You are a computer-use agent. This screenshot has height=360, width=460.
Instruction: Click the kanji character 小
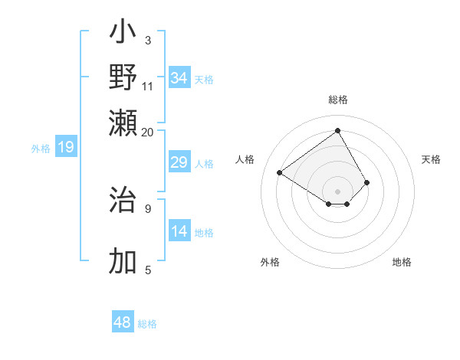point(123,34)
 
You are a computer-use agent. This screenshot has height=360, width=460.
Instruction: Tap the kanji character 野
point(123,77)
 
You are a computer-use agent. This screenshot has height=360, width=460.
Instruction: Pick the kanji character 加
point(123,261)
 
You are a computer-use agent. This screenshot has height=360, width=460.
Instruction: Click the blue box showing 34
point(179,77)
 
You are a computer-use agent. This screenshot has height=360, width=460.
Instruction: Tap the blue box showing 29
point(179,162)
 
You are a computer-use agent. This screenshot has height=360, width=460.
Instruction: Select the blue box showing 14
point(179,231)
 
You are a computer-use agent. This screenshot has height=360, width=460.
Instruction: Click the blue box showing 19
point(66,147)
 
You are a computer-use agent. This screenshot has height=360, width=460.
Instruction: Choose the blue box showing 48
point(123,322)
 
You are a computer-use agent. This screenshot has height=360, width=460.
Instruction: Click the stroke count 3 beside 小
point(148,40)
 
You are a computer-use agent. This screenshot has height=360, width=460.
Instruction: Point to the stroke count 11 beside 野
point(148,86)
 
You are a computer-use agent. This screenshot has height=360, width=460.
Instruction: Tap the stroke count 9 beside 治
point(148,208)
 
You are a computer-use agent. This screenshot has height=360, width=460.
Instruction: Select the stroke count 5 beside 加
point(148,269)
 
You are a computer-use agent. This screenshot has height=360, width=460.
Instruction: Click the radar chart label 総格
point(337,100)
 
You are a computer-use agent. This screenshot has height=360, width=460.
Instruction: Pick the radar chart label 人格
point(245,159)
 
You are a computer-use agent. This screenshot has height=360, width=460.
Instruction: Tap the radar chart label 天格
point(431,159)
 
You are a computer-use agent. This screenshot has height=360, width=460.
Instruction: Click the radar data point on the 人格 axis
point(280,172)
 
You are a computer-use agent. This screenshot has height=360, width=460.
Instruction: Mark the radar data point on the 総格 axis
point(337,130)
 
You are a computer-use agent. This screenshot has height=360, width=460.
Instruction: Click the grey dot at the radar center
point(337,191)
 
